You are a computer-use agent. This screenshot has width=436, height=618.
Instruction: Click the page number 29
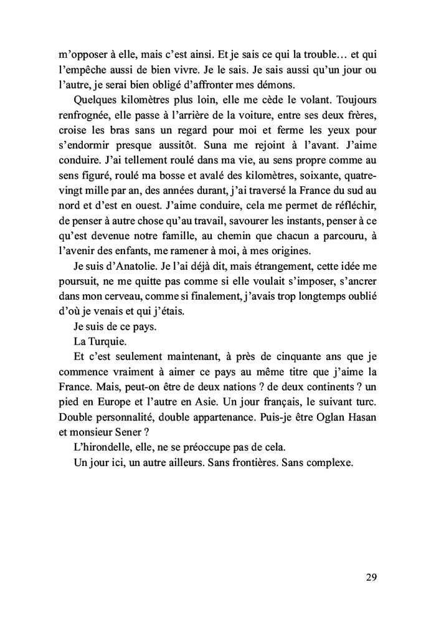pos(371,576)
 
